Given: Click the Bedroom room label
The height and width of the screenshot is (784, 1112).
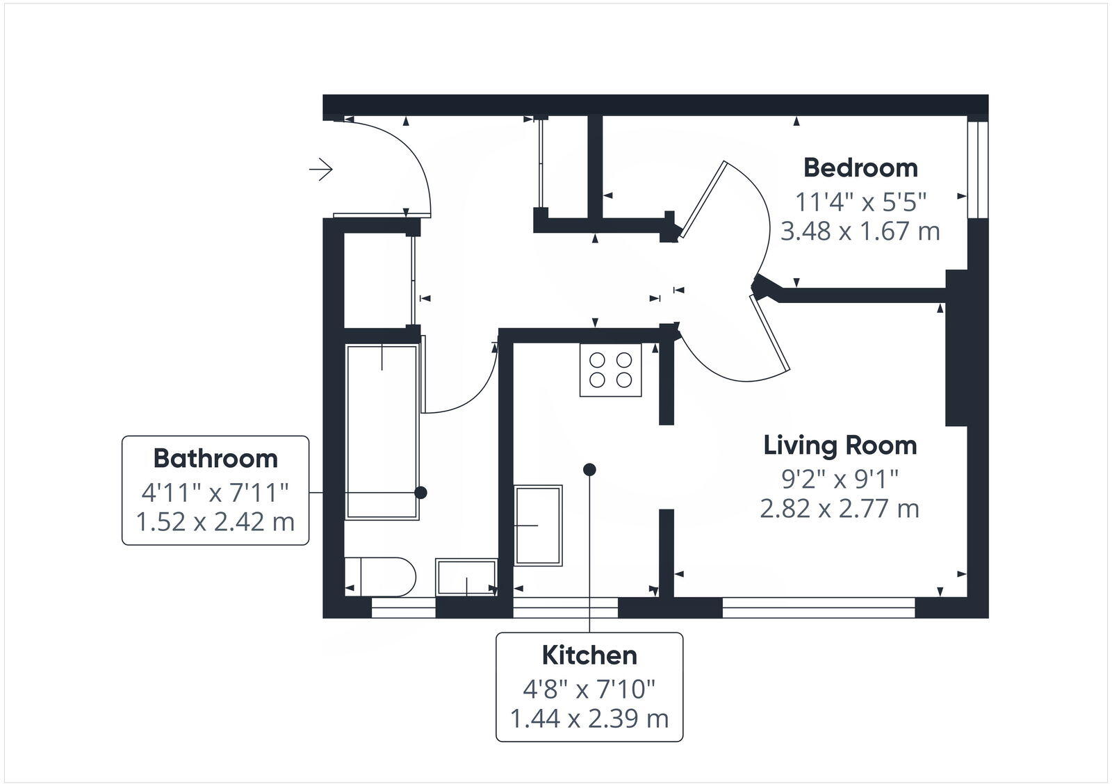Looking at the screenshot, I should tap(860, 168).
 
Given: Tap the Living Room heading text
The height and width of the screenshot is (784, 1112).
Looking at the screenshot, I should tap(840, 446).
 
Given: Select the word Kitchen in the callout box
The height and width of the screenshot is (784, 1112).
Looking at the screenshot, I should tap(589, 655).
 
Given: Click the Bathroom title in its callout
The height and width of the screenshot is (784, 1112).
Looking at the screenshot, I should tap(215, 459).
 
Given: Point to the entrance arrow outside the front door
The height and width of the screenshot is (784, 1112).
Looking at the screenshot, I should tap(321, 169).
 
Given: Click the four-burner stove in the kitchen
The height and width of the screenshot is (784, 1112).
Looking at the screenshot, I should tap(611, 370).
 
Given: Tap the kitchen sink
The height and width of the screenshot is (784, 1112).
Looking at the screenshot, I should tap(538, 525).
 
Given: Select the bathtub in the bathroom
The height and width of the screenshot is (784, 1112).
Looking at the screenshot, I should tap(382, 431).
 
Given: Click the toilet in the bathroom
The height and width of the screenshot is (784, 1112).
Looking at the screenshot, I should tap(379, 576).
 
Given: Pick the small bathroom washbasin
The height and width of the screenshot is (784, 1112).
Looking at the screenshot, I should tap(466, 577).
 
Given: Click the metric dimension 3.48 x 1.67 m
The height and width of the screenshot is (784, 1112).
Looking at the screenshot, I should tap(860, 231).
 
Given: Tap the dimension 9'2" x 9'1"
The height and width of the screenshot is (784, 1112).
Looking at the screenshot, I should tap(840, 479).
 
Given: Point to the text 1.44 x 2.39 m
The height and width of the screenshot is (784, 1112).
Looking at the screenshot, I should tap(589, 719).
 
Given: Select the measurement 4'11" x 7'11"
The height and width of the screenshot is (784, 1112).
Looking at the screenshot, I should tap(215, 493).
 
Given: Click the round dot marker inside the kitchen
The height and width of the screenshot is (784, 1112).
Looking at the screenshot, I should tap(589, 470).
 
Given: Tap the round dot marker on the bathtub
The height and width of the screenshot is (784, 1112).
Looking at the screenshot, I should tap(420, 493).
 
